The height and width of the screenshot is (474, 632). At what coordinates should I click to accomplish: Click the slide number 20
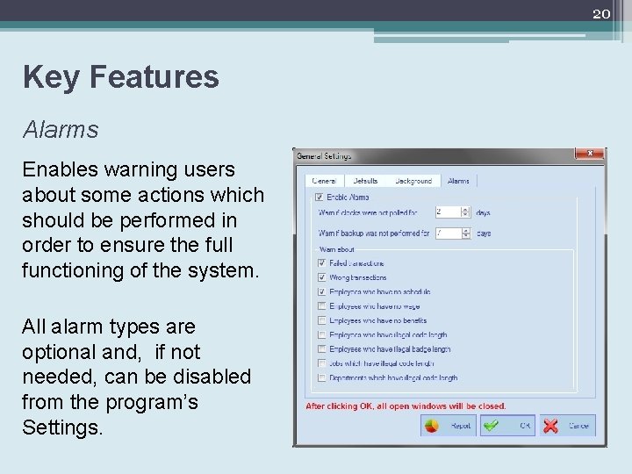600,12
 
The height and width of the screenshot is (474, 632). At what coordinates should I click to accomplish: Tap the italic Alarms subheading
61,130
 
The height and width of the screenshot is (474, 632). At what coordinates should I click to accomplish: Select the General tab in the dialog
324,181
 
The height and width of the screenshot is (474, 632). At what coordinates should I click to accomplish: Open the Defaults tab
365,181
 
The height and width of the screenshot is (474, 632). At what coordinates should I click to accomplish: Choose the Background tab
413,181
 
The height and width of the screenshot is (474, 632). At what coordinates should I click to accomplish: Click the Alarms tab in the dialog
458,181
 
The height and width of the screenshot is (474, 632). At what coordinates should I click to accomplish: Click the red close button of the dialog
591,153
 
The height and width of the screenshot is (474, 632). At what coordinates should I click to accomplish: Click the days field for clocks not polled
448,212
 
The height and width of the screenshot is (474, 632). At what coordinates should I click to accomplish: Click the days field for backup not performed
448,233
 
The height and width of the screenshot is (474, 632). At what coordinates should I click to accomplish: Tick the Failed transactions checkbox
322,262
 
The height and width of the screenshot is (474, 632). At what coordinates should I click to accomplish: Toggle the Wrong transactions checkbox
322,277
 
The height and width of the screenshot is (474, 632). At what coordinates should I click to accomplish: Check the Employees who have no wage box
322,305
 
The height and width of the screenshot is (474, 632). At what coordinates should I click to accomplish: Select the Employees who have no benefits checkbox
322,320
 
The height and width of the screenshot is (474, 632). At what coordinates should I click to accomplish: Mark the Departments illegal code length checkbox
322,377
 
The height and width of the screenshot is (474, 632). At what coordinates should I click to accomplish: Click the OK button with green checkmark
509,426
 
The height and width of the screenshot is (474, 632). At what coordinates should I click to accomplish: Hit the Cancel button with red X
565,426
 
